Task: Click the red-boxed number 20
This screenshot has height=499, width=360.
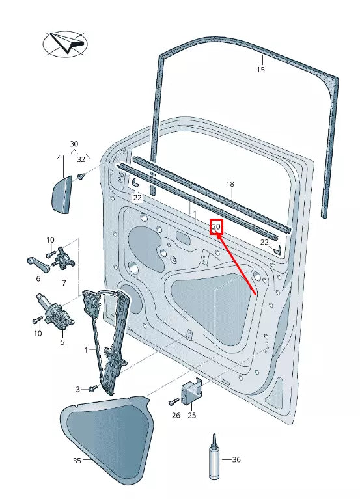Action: pyautogui.click(x=216, y=227)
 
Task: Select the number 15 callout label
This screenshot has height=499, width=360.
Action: pyautogui.click(x=260, y=70)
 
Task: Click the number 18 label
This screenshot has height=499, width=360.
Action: pyautogui.click(x=230, y=185)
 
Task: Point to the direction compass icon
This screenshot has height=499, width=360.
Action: pyautogui.click(x=64, y=44)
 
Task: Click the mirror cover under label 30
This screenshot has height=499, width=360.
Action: pyautogui.click(x=60, y=193)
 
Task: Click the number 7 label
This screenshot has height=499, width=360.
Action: pyautogui.click(x=64, y=282)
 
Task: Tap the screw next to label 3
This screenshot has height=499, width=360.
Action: pyautogui.click(x=92, y=388)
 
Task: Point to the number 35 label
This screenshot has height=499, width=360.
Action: pyautogui.click(x=77, y=461)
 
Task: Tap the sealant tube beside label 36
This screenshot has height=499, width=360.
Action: pyautogui.click(x=213, y=458)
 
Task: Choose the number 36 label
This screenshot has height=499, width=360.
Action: pyautogui.click(x=236, y=459)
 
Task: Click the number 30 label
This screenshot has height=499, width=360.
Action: pyautogui.click(x=74, y=144)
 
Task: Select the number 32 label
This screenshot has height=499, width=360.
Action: pyautogui.click(x=81, y=159)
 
